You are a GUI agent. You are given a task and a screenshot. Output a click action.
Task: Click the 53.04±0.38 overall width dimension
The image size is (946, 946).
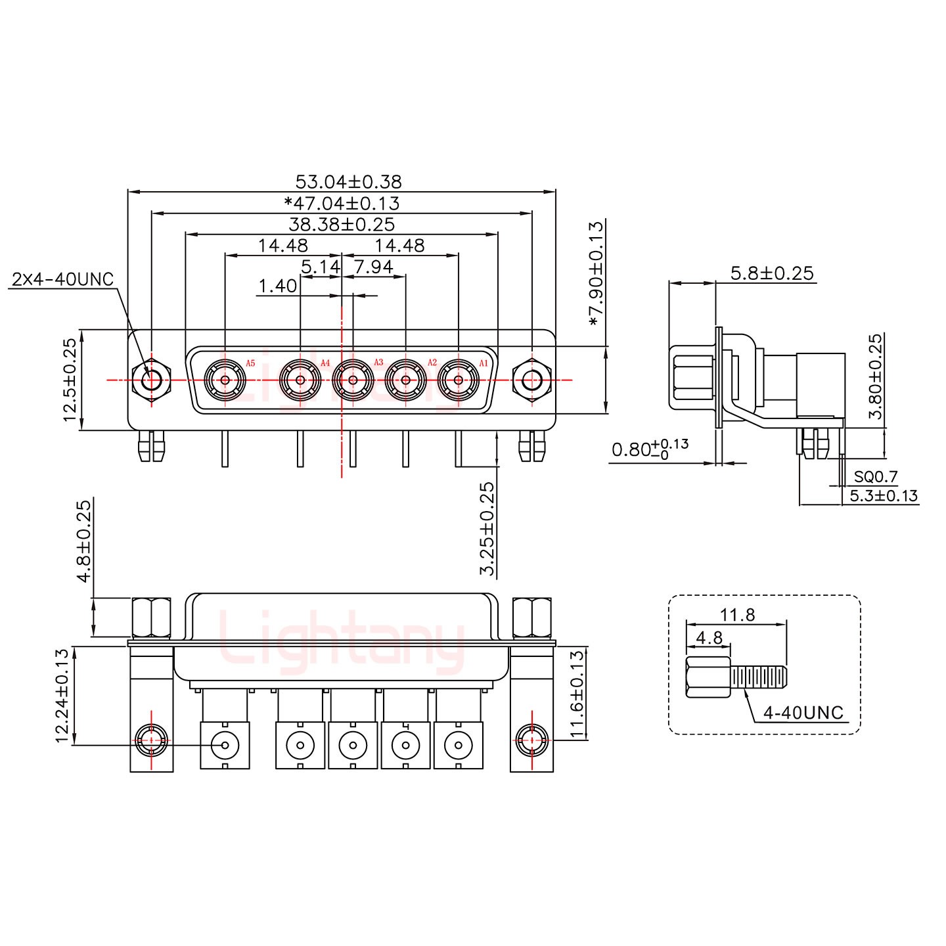pyautogui.click(x=348, y=181)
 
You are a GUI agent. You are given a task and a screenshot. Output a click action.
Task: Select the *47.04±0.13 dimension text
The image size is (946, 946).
pyautogui.click(x=342, y=203)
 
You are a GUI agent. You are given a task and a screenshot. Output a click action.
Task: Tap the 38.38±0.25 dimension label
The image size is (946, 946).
pyautogui.click(x=342, y=225)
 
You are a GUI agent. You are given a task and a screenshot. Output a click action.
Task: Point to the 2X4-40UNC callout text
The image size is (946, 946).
pyautogui.click(x=62, y=280)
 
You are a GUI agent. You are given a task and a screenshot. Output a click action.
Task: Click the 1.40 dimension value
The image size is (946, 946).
pyautogui.click(x=277, y=286)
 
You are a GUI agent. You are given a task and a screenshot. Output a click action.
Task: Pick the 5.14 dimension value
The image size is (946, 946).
pyautogui.click(x=321, y=267)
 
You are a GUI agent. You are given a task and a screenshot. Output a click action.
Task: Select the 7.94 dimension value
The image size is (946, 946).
pyautogui.click(x=373, y=267)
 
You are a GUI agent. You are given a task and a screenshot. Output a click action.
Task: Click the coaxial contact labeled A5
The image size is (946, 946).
pyautogui.click(x=225, y=380)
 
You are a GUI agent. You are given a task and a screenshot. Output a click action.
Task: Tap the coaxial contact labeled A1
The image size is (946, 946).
pyautogui.click(x=458, y=380)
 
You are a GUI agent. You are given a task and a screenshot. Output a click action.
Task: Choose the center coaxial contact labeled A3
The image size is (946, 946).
pyautogui.click(x=353, y=380)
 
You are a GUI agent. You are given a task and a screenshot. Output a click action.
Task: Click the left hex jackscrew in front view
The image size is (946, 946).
pyautogui.click(x=152, y=380)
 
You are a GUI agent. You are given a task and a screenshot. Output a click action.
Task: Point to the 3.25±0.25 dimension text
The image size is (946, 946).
pyautogui.click(x=487, y=529)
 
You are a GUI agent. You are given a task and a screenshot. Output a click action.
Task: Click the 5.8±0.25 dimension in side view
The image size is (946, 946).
pyautogui.click(x=772, y=273)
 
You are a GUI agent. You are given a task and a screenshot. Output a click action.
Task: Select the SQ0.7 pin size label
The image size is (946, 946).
pyautogui.click(x=876, y=477)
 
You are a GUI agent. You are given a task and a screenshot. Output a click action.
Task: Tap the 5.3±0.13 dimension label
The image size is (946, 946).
pyautogui.click(x=884, y=496)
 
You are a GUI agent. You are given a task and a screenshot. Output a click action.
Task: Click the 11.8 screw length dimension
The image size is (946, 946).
pyautogui.click(x=737, y=616)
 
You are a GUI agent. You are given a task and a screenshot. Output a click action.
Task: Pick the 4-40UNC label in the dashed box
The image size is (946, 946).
pyautogui.click(x=803, y=713)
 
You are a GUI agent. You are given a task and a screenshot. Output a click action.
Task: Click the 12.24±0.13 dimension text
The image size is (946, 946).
pyautogui.click(x=62, y=696)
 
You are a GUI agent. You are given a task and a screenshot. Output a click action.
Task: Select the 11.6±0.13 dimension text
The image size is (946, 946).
pyautogui.click(x=576, y=694)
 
